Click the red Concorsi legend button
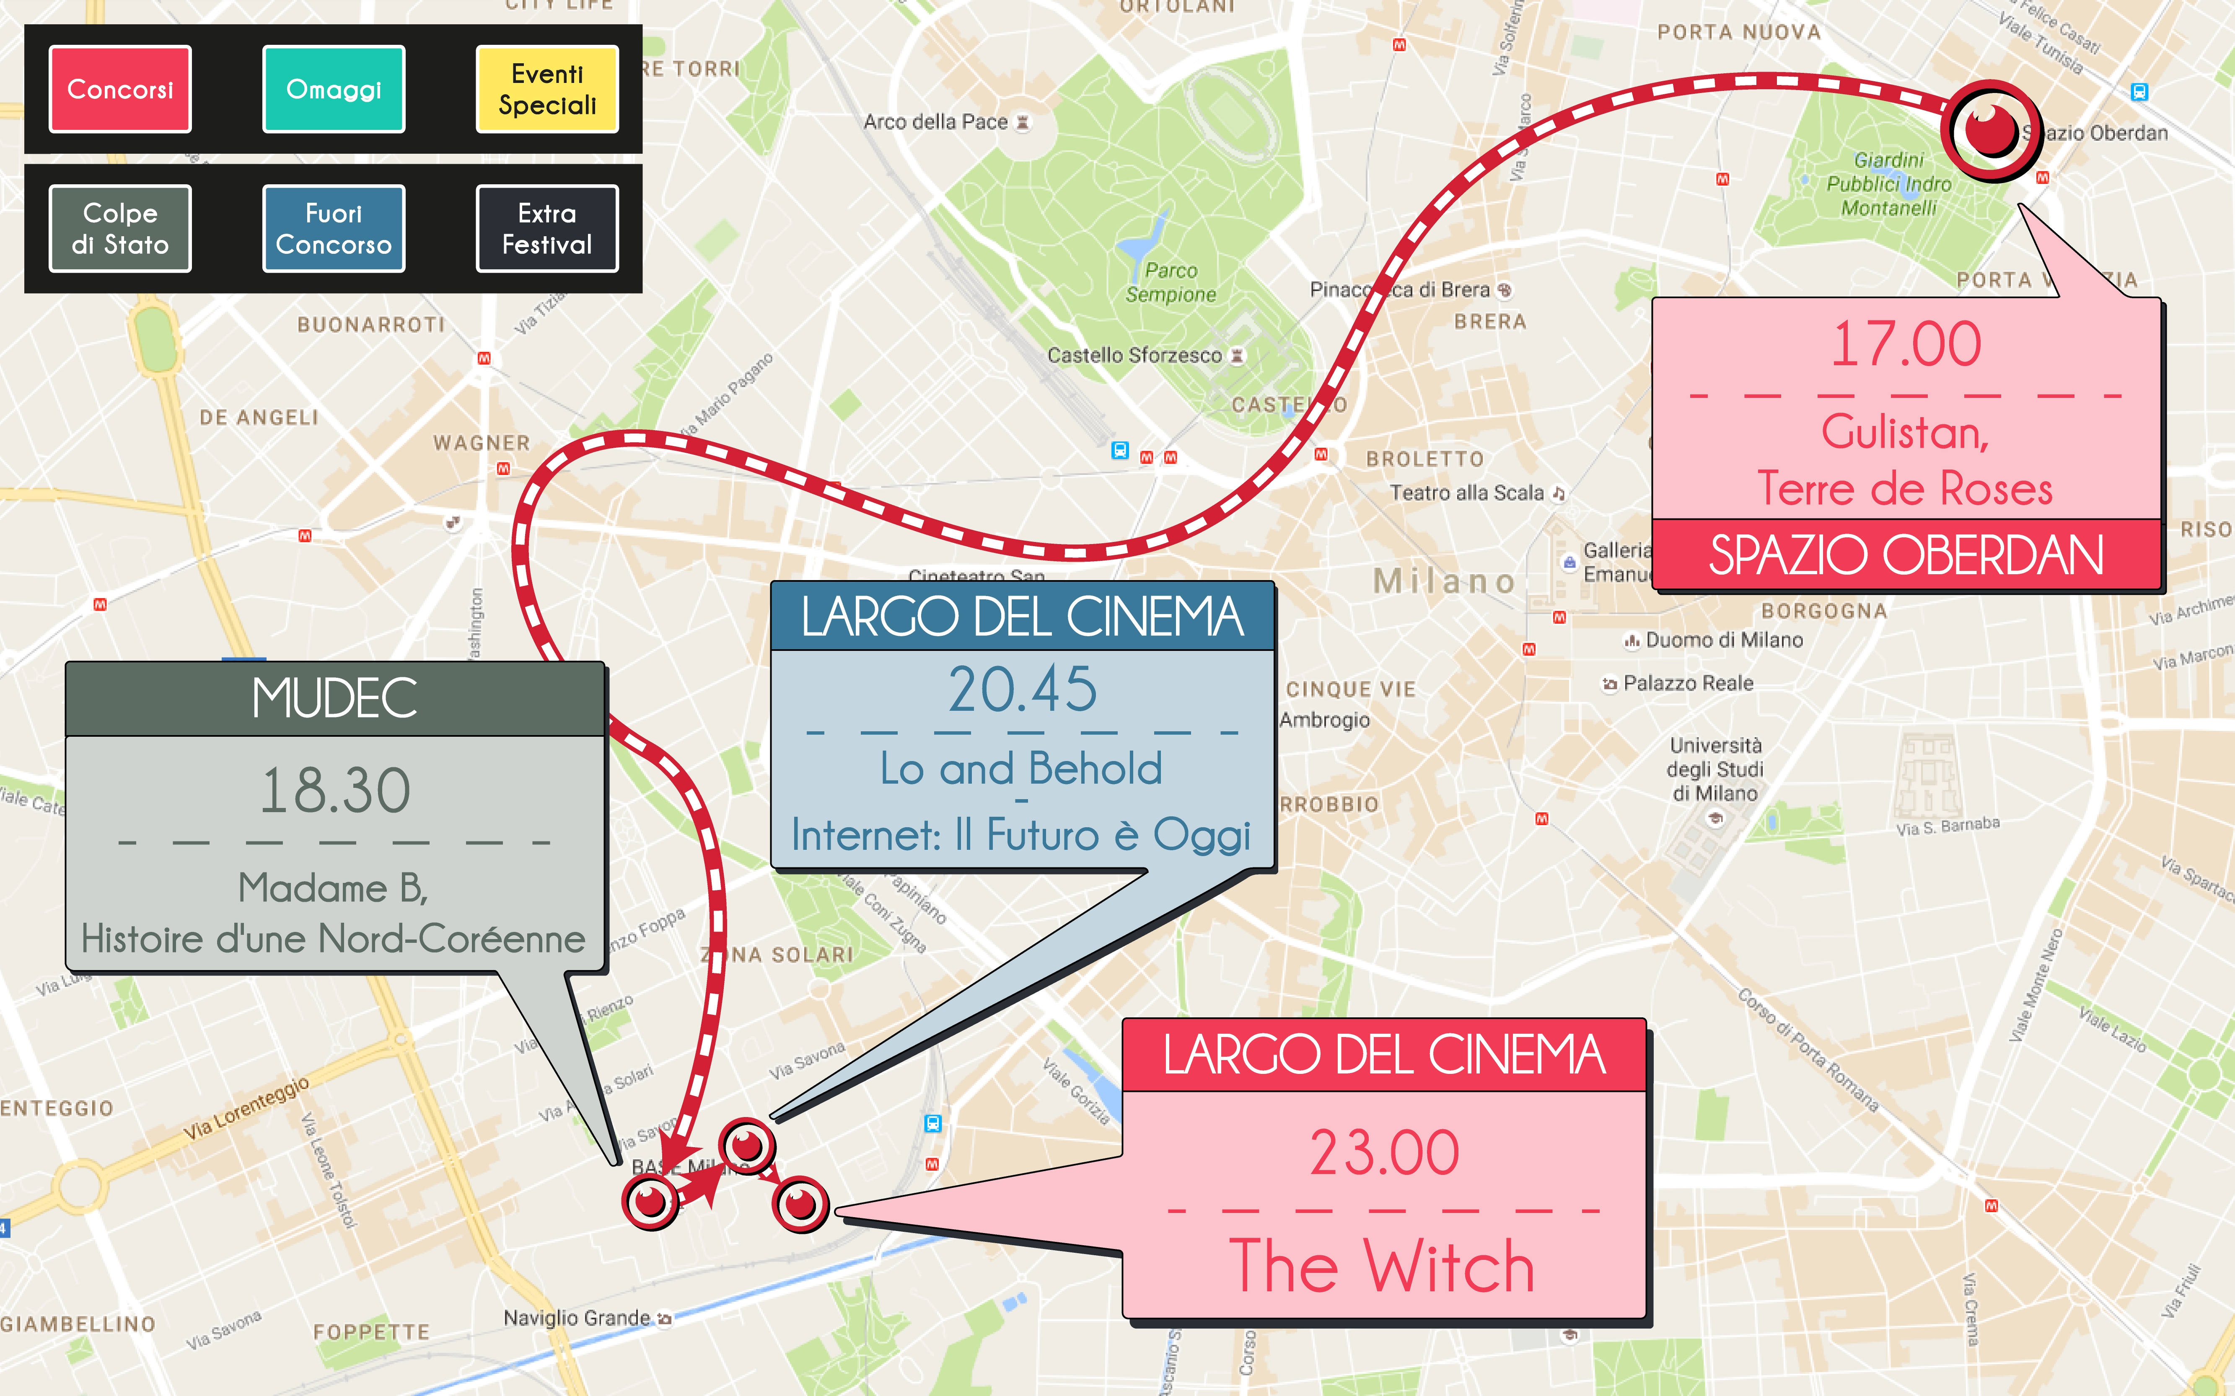(120, 90)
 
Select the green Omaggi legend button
(334, 90)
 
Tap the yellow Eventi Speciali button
(547, 90)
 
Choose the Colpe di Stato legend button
(120, 229)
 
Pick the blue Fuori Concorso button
(334, 229)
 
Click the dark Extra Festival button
(547, 229)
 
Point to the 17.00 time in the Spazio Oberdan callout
(1905, 344)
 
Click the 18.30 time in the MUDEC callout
(334, 791)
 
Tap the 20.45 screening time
(1023, 690)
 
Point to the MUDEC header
(334, 699)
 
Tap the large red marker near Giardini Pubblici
(1990, 130)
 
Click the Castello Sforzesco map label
(1134, 356)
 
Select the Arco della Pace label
(935, 122)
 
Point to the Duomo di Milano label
(1723, 640)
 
